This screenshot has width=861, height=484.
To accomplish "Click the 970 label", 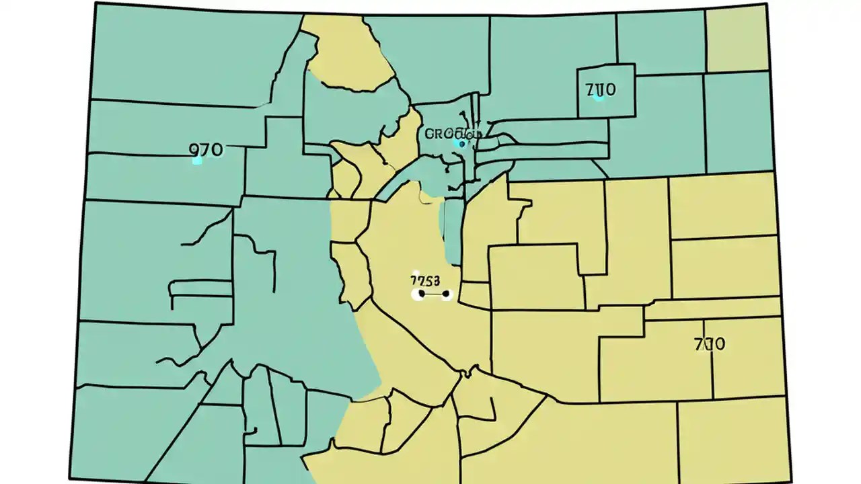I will [207, 149].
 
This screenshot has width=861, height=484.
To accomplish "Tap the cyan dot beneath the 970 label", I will [196, 161].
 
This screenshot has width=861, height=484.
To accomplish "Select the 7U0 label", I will [601, 89].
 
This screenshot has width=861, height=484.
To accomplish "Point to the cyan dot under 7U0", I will [599, 98].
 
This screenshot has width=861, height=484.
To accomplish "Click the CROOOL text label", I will [453, 133].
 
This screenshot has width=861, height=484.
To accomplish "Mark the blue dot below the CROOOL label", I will [460, 143].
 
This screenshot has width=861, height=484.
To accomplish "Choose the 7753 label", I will [425, 280].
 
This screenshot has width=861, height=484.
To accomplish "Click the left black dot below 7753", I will [421, 294].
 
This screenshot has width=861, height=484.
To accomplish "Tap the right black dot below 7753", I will [446, 294].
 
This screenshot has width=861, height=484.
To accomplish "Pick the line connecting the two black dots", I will [434, 294].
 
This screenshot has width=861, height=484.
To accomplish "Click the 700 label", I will [709, 344].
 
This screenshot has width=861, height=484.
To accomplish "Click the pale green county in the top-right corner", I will [736, 38].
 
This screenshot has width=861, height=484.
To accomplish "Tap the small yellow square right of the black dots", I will [475, 294].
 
